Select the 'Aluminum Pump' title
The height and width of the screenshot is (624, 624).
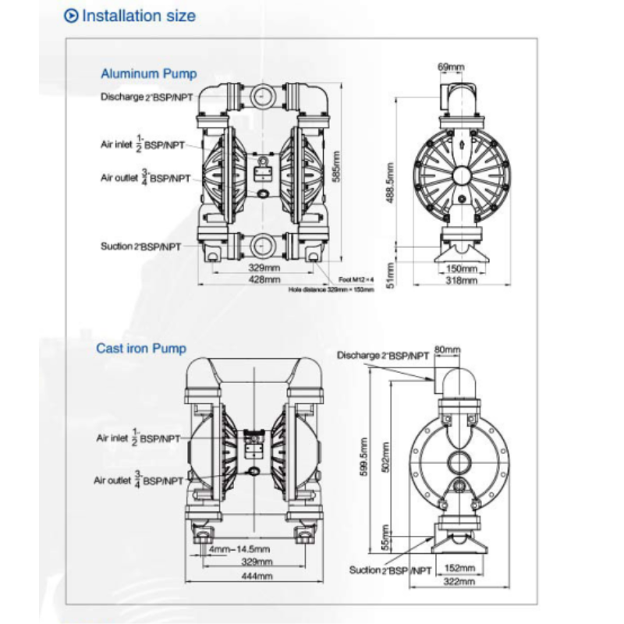click(x=149, y=74)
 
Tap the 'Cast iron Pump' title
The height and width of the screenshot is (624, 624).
click(x=141, y=349)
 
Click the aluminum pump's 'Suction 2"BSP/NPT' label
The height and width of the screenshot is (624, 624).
click(x=140, y=246)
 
